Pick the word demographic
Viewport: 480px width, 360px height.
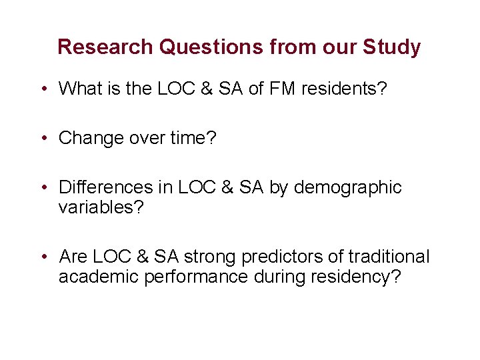click(347, 188)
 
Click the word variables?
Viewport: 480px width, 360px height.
click(101, 207)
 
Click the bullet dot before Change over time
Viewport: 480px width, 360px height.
click(43, 138)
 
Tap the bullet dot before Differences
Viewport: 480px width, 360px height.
click(43, 188)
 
